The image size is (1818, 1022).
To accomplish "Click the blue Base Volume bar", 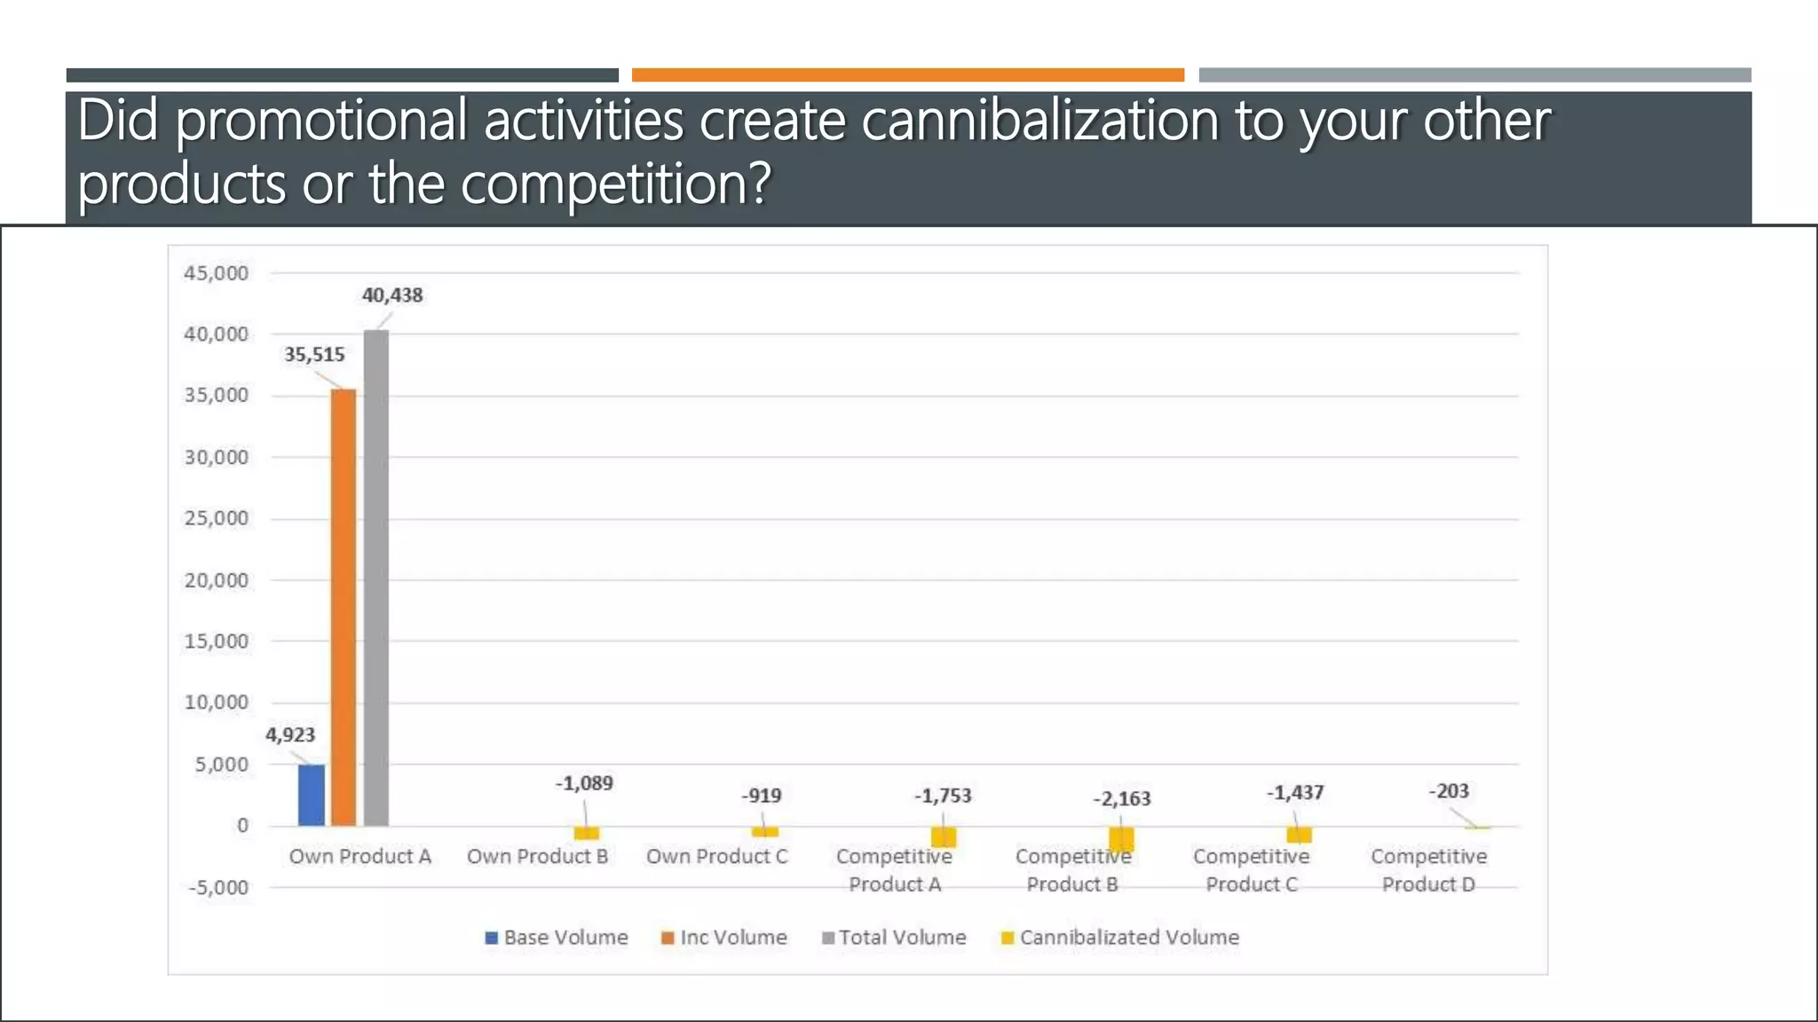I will (x=311, y=795).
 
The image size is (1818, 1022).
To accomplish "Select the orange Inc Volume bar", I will (x=344, y=608).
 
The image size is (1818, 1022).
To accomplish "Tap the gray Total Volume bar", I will (x=376, y=578).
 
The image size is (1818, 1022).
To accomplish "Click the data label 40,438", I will (x=392, y=295).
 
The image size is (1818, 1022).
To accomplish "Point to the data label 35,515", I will (x=314, y=355).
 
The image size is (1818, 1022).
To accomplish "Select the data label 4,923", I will (x=290, y=735).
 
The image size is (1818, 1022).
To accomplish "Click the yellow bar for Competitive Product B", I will (x=1121, y=838).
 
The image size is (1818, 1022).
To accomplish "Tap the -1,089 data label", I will (x=584, y=783).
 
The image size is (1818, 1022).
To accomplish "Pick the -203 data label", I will (x=1449, y=791).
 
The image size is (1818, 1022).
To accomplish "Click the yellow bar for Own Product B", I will (x=586, y=833).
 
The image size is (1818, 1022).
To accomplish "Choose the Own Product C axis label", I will (x=716, y=857).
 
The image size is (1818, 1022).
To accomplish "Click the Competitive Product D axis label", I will (x=1428, y=870).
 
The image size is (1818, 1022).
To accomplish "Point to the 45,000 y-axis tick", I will (x=216, y=273).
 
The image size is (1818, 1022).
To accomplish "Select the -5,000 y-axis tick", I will (x=218, y=888).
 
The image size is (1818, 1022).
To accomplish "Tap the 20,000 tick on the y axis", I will (x=216, y=581).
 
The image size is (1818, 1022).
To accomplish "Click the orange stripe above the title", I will (x=907, y=75).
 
